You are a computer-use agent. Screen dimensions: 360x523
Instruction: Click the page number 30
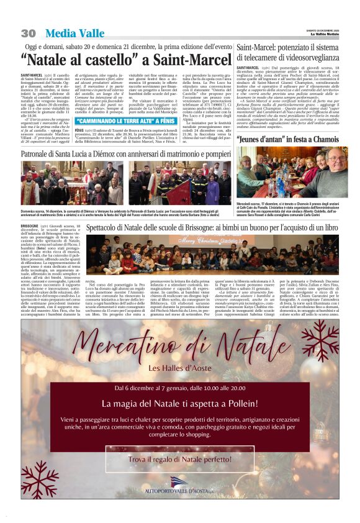[x=27, y=32]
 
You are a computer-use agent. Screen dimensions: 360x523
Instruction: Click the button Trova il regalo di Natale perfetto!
[x=180, y=459]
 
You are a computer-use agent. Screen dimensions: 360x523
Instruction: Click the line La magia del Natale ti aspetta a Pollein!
[x=179, y=404]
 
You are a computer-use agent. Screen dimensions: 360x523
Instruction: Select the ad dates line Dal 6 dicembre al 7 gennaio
[x=179, y=388]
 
